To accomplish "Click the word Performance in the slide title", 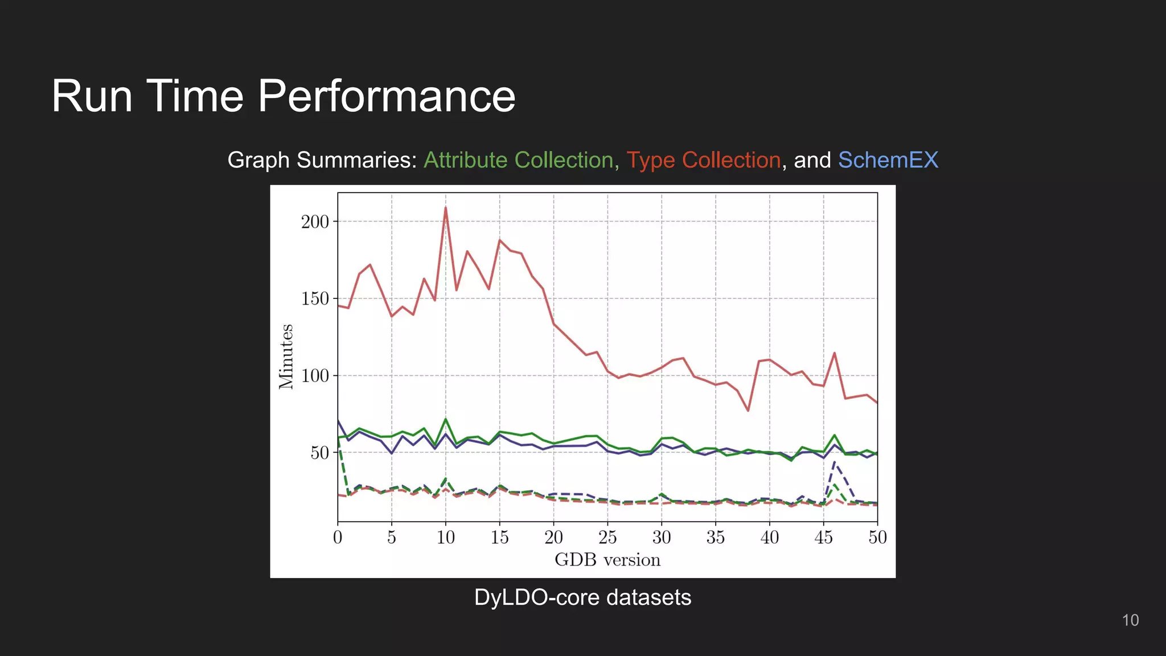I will click(x=387, y=96).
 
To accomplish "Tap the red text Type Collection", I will click(x=703, y=160).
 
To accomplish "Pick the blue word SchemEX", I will click(x=888, y=160).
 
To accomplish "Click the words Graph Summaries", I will click(x=322, y=160).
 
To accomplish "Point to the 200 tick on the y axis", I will click(x=315, y=222).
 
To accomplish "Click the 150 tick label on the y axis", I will click(x=315, y=298).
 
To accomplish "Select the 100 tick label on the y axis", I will click(x=315, y=376).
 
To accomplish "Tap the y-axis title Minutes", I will click(x=286, y=356).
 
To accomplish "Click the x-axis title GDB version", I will click(x=607, y=560).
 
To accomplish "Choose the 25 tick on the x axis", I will click(x=607, y=537).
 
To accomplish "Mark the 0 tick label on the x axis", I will click(x=338, y=537).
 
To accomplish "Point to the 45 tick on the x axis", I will click(x=823, y=537).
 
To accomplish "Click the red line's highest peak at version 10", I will click(x=446, y=208).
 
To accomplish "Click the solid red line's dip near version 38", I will click(x=748, y=411).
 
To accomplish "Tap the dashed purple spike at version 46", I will click(x=835, y=463).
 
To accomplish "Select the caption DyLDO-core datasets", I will click(x=582, y=597).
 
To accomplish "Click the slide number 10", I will click(x=1130, y=620).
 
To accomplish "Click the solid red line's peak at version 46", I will click(x=835, y=353).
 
